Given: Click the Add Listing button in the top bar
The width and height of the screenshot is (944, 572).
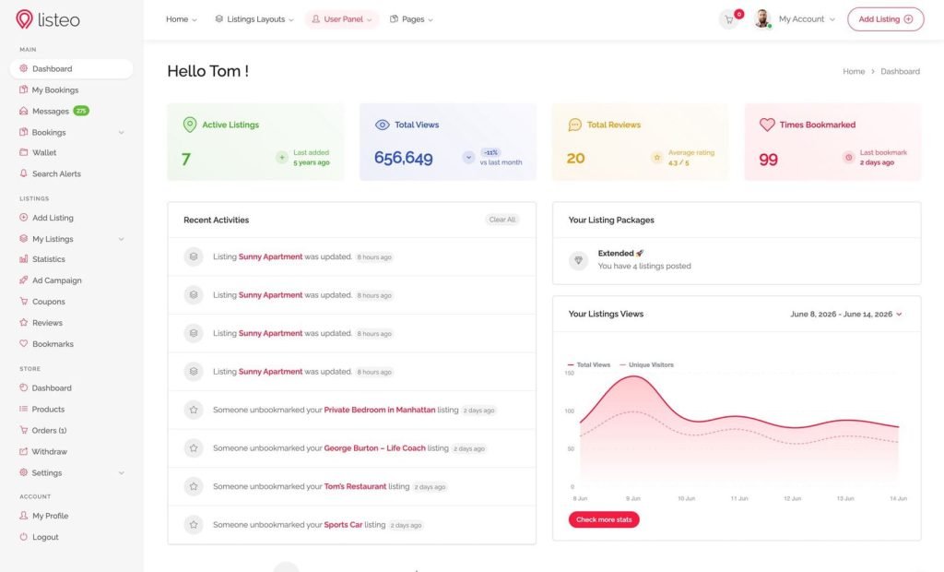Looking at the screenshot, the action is coord(885,19).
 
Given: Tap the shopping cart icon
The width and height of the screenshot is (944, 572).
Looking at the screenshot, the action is coord(729,20).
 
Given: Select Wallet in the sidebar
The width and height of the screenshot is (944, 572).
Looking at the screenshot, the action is coord(44,152).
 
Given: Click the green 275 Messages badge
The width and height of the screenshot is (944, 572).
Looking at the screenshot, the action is coord(81,111).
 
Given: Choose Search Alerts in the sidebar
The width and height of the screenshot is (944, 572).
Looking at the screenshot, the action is coord(56,173).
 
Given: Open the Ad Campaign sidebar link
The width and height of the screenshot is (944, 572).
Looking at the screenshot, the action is coord(56,280).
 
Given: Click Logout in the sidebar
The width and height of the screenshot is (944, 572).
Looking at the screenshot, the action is coord(45,537).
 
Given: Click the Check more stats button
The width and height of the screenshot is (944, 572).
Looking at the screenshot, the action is coord(604,519).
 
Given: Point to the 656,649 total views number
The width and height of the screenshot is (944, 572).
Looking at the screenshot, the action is coord(404,158).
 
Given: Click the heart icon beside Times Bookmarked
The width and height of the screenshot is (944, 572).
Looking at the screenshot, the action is coord(767,125).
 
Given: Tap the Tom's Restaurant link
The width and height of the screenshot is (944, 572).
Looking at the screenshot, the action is coord(355,486).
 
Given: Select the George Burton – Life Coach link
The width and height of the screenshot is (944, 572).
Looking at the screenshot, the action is coord(374,448).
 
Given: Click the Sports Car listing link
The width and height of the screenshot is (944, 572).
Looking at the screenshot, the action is coord(343,525).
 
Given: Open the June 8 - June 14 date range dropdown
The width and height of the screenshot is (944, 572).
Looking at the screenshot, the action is coord(846,314).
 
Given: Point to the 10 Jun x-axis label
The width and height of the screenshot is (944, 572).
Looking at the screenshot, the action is coord(686,498).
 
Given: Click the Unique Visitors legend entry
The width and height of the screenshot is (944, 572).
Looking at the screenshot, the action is coord(646,364).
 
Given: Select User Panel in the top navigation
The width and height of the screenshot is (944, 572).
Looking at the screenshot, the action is coord(342,19).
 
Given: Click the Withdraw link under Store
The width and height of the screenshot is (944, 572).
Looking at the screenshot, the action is coord(50,451).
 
